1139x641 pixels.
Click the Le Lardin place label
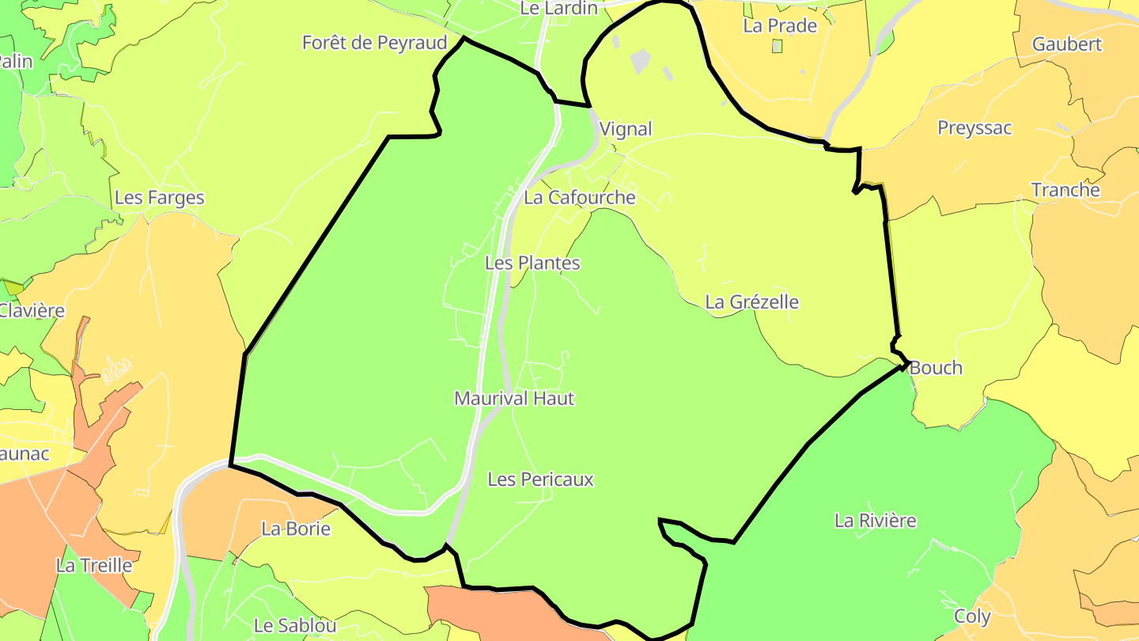pos(558,8)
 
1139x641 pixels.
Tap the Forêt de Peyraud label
pos(375,43)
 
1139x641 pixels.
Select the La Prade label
pos(780,25)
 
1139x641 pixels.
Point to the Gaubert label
pos(1066,44)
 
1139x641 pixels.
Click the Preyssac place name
pos(974,127)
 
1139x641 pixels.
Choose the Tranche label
pos(1065,190)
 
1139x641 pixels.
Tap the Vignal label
pos(626,129)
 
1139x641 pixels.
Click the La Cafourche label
pos(580,197)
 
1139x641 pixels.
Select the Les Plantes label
pos(532,263)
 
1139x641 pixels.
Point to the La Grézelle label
pos(751,302)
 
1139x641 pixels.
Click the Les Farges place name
pos(160,198)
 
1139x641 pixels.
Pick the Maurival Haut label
pos(514,398)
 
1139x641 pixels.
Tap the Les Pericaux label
pos(540,479)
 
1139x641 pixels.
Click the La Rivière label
pos(876,520)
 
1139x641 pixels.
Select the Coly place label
pos(972,616)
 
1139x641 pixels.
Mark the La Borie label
pos(296,529)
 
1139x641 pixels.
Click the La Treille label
pos(94,565)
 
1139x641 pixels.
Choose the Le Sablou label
pos(295,625)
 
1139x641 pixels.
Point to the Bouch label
pos(936,367)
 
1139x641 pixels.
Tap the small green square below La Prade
pos(777,47)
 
